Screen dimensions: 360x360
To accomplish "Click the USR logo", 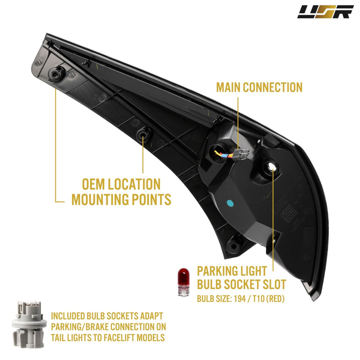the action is pos(325,11).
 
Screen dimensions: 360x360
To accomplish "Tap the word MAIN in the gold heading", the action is pos(228,87).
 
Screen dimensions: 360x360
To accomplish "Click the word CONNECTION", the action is pos(273,87).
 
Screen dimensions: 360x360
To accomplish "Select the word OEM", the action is pos(93,184).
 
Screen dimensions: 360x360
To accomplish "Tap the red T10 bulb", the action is pos(183,282).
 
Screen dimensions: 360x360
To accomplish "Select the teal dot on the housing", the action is pos(230,203).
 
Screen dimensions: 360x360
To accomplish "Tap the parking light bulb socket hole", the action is pos(270,167).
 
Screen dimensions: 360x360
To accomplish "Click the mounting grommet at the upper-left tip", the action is pos(55,74).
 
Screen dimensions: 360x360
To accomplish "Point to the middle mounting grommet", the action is pos(143,135).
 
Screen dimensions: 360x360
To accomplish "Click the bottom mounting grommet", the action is pos(233,246).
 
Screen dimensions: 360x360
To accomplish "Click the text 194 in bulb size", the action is pos(239,298).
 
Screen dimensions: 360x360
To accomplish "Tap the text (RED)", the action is pos(275,298).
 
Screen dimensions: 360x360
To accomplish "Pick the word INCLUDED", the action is pos(67,316).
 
